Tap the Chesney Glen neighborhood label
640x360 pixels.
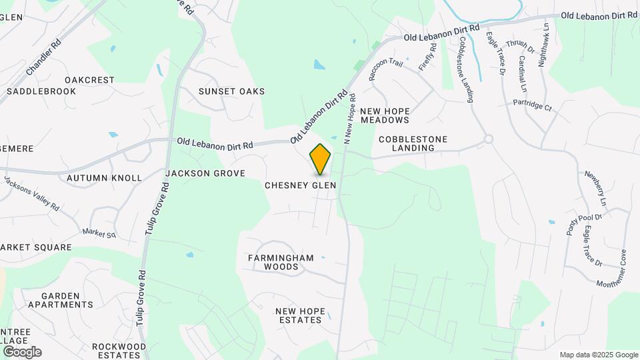[x=300, y=185]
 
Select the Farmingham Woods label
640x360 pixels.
[x=273, y=262]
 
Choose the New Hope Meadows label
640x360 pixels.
[x=384, y=115]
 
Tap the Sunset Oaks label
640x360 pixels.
[x=231, y=91]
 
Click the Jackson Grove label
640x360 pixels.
[x=196, y=173]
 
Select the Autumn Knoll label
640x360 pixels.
[x=105, y=178]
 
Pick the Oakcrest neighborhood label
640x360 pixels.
[x=89, y=80]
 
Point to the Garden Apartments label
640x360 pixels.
[x=60, y=300]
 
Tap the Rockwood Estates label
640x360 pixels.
[x=119, y=351]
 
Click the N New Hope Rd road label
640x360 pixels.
[x=349, y=119]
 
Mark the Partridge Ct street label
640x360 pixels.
[x=533, y=106]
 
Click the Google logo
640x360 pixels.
[x=22, y=352]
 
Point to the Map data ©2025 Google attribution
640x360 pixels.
[x=599, y=355]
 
